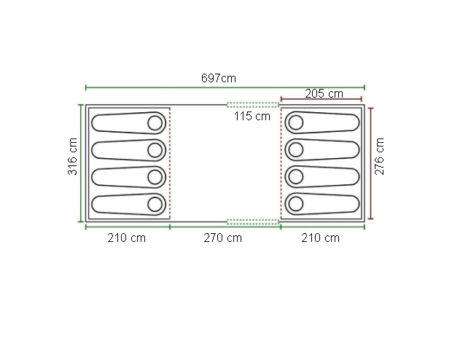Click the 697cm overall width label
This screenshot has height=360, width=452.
tap(219, 78)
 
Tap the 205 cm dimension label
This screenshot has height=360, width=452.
tap(324, 94)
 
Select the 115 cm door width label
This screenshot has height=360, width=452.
tap(252, 116)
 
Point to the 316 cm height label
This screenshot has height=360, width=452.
tap(72, 157)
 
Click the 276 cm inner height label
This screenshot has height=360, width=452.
tap(379, 157)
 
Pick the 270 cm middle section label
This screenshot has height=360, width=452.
tap(222, 238)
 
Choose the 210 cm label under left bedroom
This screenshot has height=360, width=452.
tap(127, 238)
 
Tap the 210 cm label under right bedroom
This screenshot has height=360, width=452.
tap(320, 238)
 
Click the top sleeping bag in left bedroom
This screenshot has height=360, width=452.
tap(128, 123)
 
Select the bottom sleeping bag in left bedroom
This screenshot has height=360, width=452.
tap(128, 204)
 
